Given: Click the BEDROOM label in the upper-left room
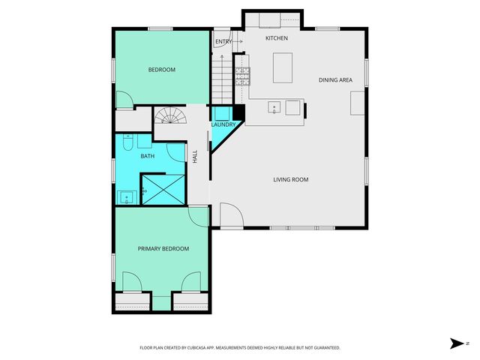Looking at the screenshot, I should tap(161, 70).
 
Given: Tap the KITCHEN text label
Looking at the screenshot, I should tap(277, 37).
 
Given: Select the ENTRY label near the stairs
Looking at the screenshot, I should tap(223, 41).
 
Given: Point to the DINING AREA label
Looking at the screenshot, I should tap(335, 79).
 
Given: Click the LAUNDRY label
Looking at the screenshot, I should tap(223, 124).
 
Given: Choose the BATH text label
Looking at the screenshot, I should tap(148, 156).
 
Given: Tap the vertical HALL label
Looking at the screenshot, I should tap(195, 157).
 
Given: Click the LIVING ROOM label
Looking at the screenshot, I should tap(290, 179).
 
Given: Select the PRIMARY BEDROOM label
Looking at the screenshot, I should tap(163, 248).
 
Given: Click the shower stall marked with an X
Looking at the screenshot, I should tap(163, 188).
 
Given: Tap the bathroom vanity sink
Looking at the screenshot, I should tap(127, 198).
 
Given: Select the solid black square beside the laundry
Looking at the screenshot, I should tap(239, 113).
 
